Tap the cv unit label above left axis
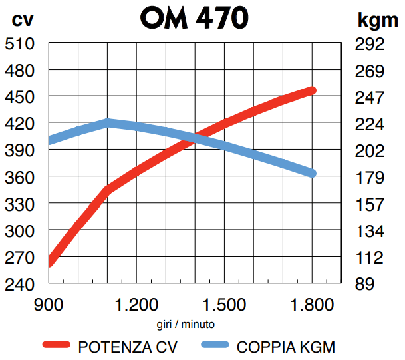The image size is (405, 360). coord(23,20)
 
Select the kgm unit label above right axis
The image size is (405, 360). coord(378,20)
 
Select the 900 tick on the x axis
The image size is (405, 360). coord(51,306)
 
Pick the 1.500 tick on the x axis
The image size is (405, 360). coord(225,306)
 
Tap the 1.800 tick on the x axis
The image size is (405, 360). coord(311,306)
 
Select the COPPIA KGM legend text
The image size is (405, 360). coord(286,346)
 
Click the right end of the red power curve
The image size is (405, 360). coord(311,90)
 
